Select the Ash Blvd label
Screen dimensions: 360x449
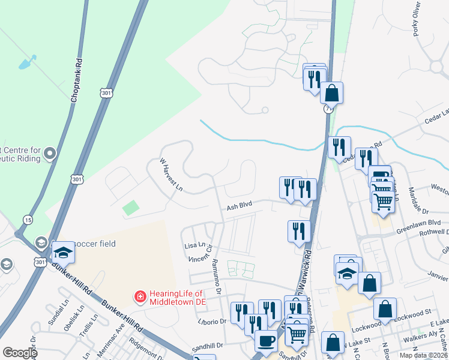238,206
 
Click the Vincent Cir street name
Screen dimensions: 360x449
200,258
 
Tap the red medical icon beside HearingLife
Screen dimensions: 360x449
139,296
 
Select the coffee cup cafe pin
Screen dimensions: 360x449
266,341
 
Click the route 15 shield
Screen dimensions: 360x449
28,220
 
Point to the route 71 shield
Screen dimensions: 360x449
328,109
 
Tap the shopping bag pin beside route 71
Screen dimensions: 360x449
331,94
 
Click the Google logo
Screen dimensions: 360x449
19,353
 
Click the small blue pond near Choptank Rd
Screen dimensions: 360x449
27,62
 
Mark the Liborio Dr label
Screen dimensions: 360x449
213,322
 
